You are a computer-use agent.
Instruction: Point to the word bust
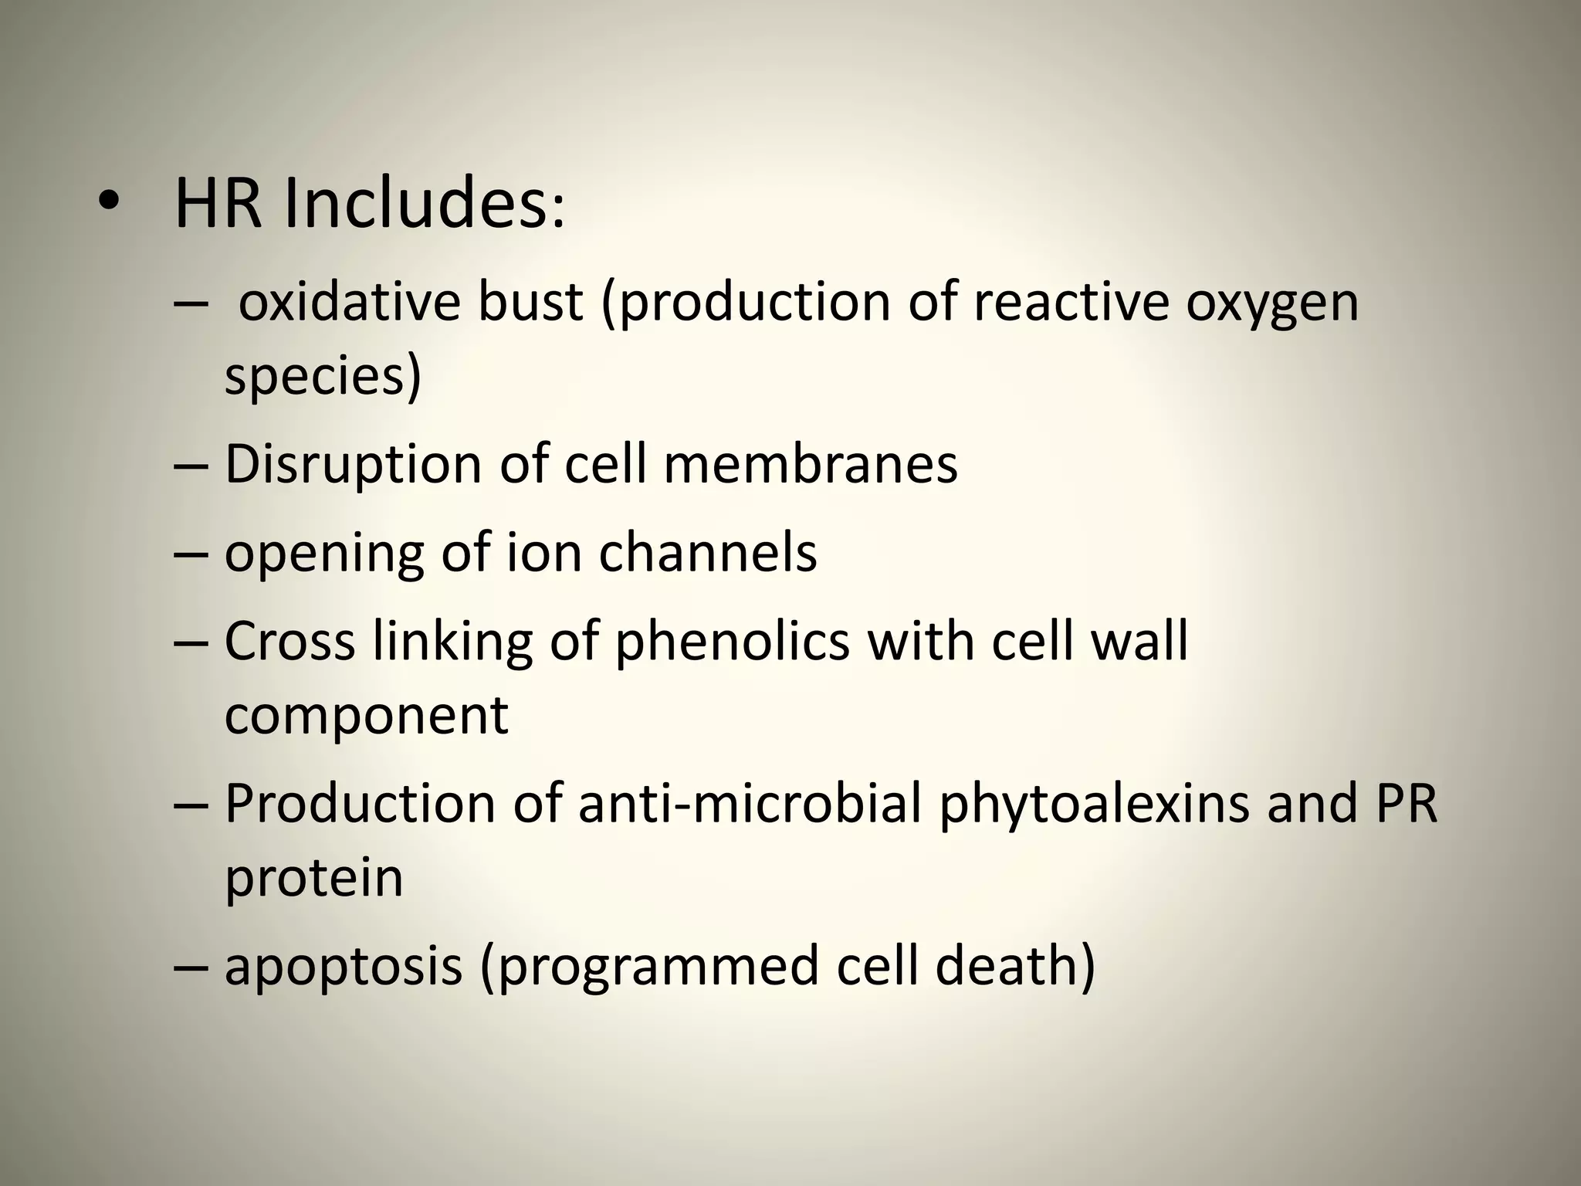tap(530, 302)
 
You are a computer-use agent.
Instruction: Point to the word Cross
tap(290, 642)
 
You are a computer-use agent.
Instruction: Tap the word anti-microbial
tap(750, 804)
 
